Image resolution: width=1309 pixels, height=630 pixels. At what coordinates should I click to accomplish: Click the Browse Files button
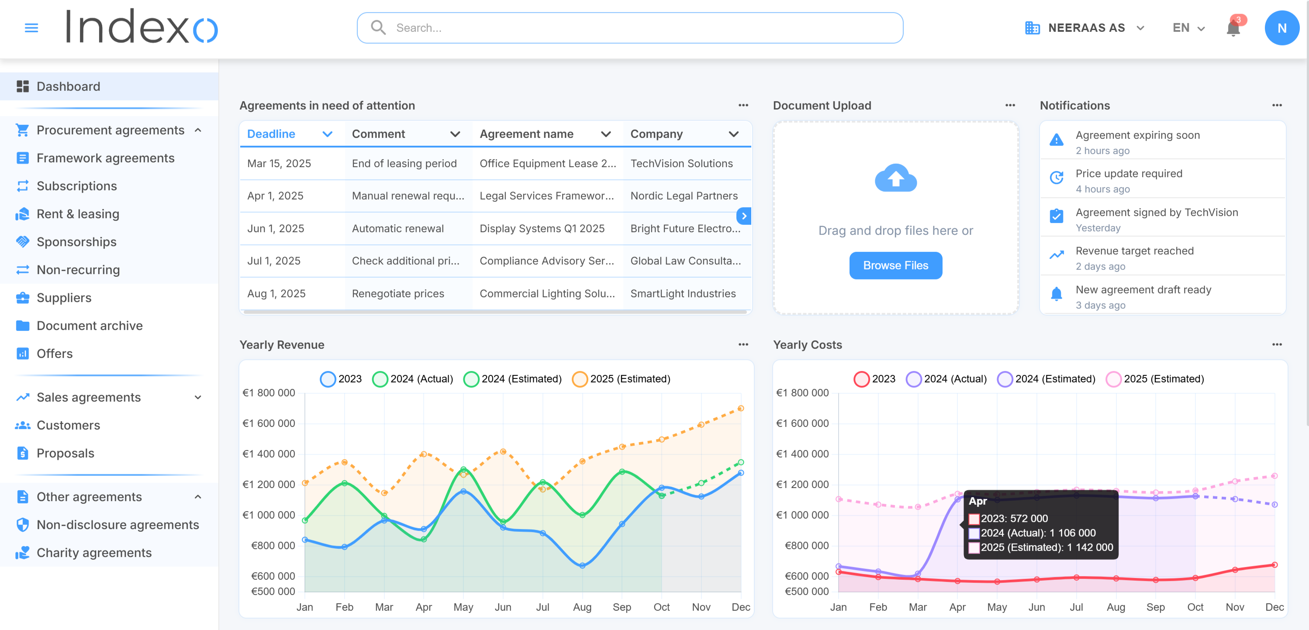[x=895, y=265]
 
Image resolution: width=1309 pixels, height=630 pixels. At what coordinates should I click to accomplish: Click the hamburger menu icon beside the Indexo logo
[x=31, y=28]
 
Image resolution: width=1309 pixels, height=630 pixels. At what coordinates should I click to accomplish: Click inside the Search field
[x=630, y=28]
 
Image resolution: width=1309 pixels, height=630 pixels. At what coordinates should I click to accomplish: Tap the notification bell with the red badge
[x=1233, y=28]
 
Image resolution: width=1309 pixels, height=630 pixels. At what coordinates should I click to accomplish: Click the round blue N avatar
[x=1281, y=28]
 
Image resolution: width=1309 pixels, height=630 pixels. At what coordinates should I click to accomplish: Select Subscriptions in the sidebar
[x=77, y=186]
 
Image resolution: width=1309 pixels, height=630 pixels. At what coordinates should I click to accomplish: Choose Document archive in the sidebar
[x=90, y=326]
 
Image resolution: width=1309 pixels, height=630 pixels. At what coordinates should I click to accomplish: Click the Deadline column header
[x=271, y=134]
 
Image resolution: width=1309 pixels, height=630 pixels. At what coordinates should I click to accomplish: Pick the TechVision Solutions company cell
[x=681, y=164]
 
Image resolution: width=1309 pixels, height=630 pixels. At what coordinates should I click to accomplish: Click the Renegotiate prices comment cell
[x=398, y=294]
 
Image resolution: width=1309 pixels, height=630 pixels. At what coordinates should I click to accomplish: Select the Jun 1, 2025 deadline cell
[x=276, y=229]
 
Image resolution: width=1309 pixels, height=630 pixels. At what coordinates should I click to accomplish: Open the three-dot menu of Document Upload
[x=1010, y=105]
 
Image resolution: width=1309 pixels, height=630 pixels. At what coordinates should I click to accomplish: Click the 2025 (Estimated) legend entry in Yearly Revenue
[x=621, y=379]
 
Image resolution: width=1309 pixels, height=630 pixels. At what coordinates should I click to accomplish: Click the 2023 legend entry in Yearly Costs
[x=874, y=379]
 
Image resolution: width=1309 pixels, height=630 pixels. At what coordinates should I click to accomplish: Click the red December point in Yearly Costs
[x=1274, y=565]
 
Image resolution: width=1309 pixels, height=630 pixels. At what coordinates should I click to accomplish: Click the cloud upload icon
[x=895, y=178]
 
